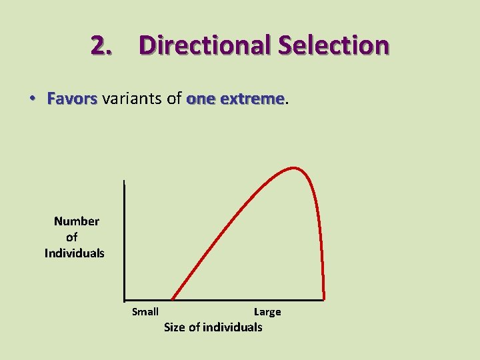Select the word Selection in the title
tap(334, 45)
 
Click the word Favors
tap(72, 99)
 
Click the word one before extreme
tap(201, 99)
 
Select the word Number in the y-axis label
tap(77, 221)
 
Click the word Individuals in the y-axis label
tap(75, 253)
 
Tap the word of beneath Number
tap(72, 237)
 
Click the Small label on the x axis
tap(145, 312)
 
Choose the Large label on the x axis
tap(267, 312)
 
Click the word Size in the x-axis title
tap(175, 327)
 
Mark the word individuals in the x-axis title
tap(232, 327)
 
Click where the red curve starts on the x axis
tap(172, 299)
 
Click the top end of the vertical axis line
tap(125, 181)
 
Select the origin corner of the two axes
tap(125, 300)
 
